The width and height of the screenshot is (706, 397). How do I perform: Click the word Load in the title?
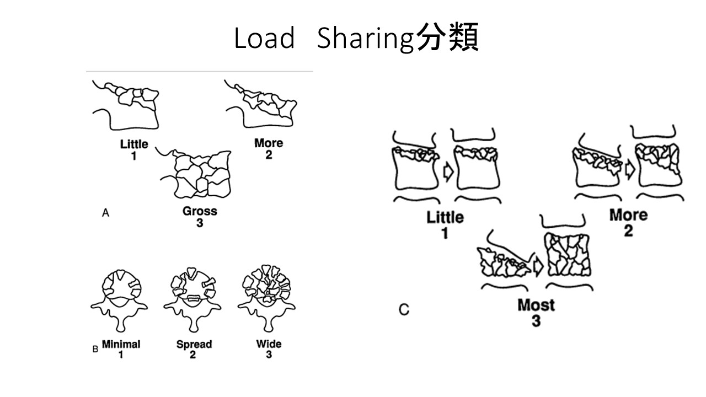click(x=264, y=39)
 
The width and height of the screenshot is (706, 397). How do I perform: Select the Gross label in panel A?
click(x=200, y=211)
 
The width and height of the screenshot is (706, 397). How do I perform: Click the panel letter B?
click(x=95, y=348)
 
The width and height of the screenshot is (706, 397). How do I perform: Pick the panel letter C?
click(x=404, y=310)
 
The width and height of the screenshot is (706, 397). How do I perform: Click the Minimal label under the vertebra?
click(x=121, y=344)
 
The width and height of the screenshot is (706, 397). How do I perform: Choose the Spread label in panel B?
click(x=194, y=345)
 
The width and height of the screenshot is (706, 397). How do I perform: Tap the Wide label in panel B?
click(x=269, y=344)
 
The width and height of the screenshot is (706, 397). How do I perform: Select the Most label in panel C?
click(x=536, y=305)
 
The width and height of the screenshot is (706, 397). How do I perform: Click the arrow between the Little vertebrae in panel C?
click(x=447, y=172)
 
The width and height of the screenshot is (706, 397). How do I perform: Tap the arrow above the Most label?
click(x=538, y=266)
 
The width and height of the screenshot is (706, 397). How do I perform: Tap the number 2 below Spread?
click(x=193, y=355)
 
